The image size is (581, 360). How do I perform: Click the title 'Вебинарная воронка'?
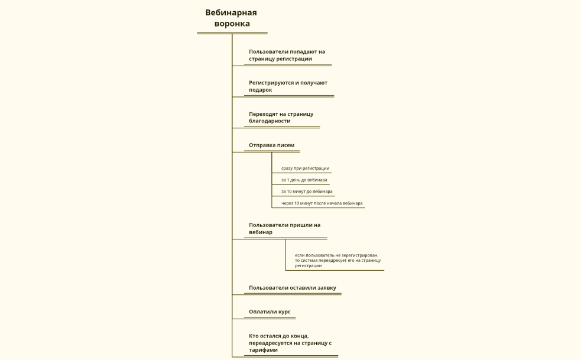(231, 18)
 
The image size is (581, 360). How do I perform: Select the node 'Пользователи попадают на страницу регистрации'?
(287, 55)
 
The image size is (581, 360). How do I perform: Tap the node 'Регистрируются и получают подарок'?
(288, 86)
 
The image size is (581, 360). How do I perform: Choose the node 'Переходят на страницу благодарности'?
(281, 117)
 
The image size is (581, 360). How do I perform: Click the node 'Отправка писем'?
(271, 145)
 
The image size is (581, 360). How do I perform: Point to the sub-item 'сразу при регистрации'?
(305, 168)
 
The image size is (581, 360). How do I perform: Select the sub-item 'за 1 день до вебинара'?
(304, 180)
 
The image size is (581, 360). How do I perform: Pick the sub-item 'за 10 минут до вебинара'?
(307, 192)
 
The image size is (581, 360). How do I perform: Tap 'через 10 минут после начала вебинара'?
(322, 203)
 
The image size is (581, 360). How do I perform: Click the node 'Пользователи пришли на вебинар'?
(284, 228)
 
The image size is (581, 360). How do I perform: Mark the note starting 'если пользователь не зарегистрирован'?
(337, 260)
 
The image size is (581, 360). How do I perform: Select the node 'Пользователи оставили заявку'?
(292, 288)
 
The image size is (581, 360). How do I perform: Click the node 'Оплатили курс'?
(270, 312)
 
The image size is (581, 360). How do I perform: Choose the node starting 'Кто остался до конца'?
(290, 343)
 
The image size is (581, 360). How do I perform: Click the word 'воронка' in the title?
(232, 24)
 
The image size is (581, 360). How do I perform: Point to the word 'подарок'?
(261, 90)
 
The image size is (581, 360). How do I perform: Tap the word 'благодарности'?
(270, 121)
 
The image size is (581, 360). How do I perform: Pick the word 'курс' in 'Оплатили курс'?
(284, 312)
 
